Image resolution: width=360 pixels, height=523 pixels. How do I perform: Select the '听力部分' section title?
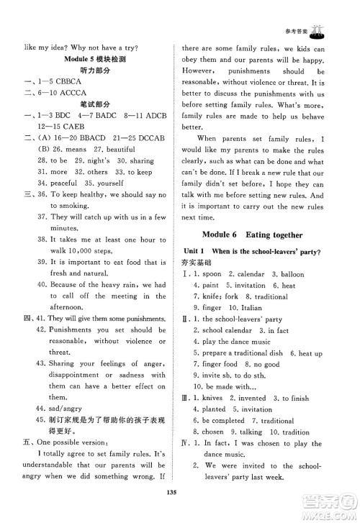[x=94, y=71]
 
